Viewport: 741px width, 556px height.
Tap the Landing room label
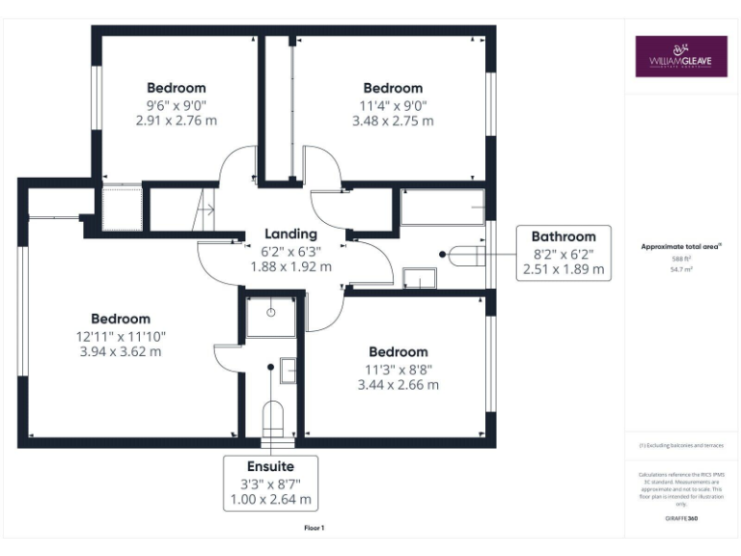290,234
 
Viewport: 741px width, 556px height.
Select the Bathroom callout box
563,253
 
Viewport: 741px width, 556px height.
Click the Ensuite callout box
270,483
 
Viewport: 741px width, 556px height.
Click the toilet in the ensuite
272,417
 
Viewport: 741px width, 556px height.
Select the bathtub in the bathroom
443,208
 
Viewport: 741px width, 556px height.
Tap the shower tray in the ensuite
270,317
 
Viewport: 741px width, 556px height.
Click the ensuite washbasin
288,370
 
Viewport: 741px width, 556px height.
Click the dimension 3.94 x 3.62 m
121,351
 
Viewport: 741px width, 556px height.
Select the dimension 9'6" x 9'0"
177,104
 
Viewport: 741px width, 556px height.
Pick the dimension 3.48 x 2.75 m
393,121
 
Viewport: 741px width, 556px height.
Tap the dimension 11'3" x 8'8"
398,368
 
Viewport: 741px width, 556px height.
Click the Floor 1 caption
315,528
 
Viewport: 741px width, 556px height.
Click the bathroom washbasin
420,279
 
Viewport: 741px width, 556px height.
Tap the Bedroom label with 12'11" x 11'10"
121,319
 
